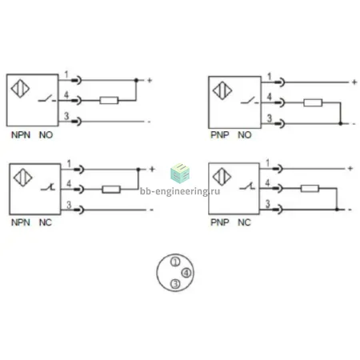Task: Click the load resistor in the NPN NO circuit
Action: pos(109,101)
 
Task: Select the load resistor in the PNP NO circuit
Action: pos(313,102)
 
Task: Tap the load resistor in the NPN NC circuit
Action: pos(111,190)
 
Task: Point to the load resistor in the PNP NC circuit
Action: pos(310,189)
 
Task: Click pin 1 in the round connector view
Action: pos(175,262)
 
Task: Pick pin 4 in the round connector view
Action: pos(186,273)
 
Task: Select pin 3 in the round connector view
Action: pos(175,283)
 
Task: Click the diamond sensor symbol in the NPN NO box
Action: pos(20,88)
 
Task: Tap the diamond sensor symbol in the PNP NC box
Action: pos(222,177)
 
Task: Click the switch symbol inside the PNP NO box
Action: pos(250,101)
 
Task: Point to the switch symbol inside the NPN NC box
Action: pos(48,187)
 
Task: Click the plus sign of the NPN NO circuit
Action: pos(150,80)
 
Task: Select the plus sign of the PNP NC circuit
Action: pos(350,168)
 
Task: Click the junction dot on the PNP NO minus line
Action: pos(340,123)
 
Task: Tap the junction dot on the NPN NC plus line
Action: pos(138,170)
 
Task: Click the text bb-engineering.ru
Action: pos(180,191)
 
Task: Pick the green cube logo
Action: pos(180,173)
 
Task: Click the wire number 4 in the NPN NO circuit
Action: pos(66,94)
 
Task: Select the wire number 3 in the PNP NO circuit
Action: pos(270,118)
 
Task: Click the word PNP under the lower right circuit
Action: pos(220,222)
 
